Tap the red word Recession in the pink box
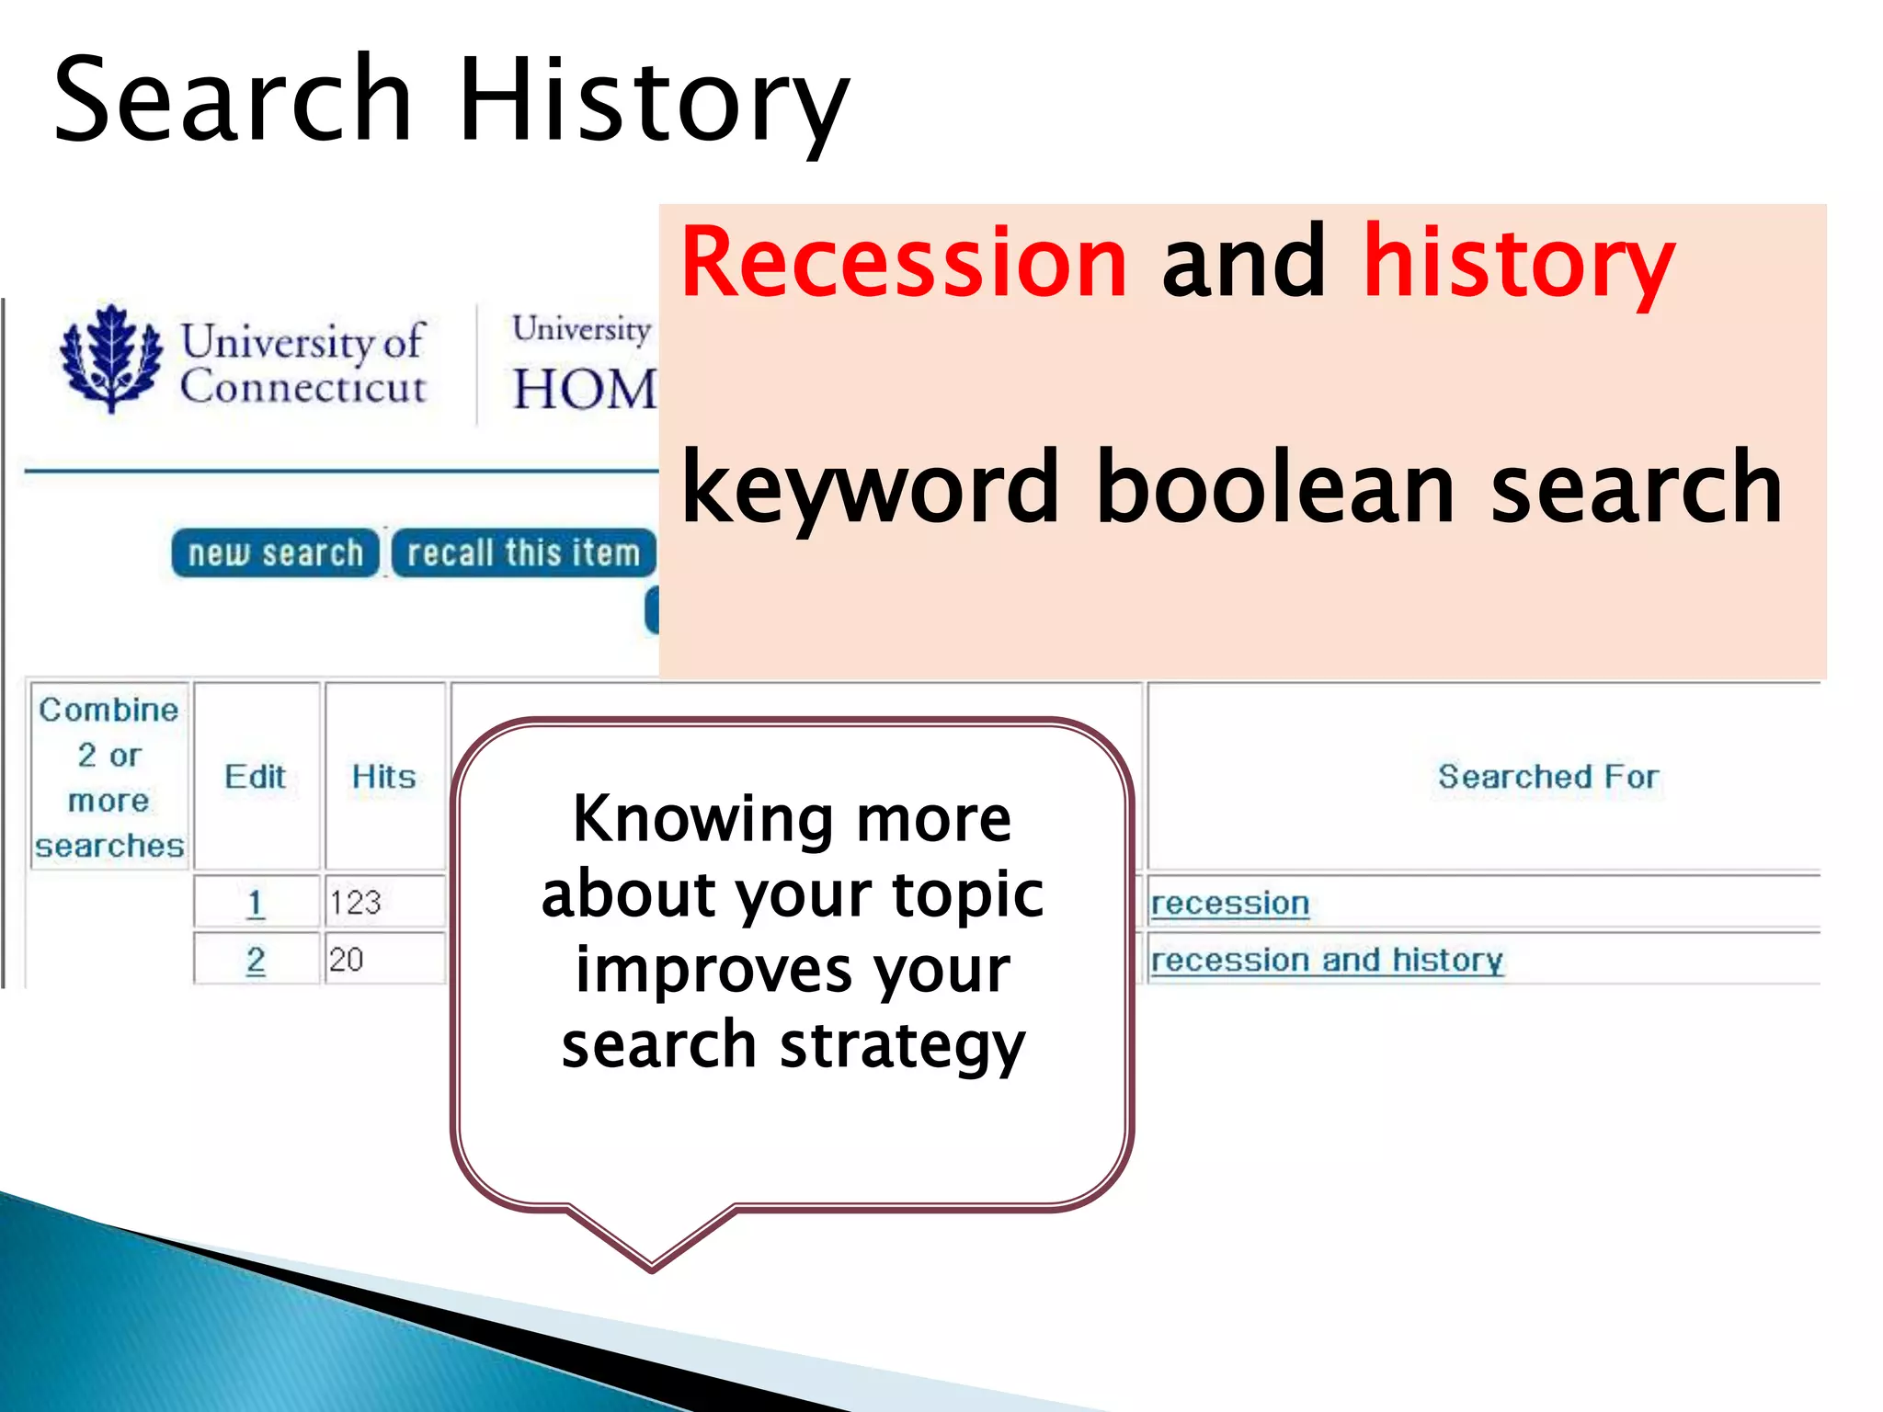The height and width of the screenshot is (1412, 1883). pyautogui.click(x=904, y=263)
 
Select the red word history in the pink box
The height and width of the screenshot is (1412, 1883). pyautogui.click(x=1518, y=263)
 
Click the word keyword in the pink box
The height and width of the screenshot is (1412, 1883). pyautogui.click(x=870, y=487)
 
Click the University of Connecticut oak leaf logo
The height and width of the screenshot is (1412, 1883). pyautogui.click(x=111, y=359)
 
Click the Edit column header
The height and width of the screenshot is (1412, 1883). pyautogui.click(x=256, y=777)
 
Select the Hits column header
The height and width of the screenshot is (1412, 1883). pyautogui.click(x=384, y=777)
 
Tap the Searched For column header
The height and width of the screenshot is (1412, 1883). pyautogui.click(x=1548, y=777)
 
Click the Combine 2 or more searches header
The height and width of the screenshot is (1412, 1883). pyautogui.click(x=109, y=777)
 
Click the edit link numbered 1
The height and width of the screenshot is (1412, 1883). pyautogui.click(x=256, y=903)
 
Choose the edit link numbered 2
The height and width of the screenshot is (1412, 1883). pyautogui.click(x=256, y=960)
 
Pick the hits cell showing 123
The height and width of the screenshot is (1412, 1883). pyautogui.click(x=356, y=903)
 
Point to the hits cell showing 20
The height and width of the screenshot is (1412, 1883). pyautogui.click(x=347, y=960)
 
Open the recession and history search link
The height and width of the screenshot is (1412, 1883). pyautogui.click(x=1327, y=960)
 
